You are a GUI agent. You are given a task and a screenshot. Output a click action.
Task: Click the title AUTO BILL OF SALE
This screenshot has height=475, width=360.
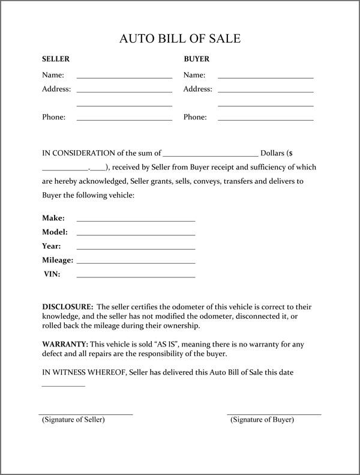click(x=180, y=40)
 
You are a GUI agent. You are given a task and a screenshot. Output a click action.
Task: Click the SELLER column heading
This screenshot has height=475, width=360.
click(x=56, y=59)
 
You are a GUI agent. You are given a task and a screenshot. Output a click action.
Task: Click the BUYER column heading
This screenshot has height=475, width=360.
click(x=196, y=59)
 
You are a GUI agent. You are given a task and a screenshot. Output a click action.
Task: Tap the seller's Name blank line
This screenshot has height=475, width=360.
click(x=124, y=77)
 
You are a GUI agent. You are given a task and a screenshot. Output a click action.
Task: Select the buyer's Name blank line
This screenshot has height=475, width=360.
click(x=265, y=77)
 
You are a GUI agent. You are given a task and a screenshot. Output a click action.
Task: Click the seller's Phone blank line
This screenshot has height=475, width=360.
click(x=124, y=120)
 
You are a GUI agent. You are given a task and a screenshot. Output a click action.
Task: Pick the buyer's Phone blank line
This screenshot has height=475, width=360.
click(x=265, y=120)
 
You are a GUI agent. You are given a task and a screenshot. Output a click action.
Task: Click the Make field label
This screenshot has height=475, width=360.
click(x=53, y=218)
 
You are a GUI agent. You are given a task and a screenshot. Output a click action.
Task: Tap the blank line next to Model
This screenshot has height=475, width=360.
click(x=136, y=234)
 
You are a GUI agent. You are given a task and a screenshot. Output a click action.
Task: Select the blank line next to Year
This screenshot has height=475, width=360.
click(x=136, y=248)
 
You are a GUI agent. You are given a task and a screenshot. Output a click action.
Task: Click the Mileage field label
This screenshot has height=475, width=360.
click(x=58, y=261)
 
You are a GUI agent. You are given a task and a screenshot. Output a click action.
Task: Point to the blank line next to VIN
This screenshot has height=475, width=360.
click(x=136, y=276)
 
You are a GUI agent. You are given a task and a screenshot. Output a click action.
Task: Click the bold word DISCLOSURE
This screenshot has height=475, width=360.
click(x=67, y=307)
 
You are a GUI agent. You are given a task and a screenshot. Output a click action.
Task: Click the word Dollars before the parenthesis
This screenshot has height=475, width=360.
click(x=272, y=153)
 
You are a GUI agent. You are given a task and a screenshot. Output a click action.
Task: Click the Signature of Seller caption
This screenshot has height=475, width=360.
click(x=73, y=420)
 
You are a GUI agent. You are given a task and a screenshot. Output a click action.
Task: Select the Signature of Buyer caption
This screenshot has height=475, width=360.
click(x=262, y=420)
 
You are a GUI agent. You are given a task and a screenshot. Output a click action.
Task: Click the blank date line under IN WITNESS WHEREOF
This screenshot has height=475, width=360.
click(x=63, y=385)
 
